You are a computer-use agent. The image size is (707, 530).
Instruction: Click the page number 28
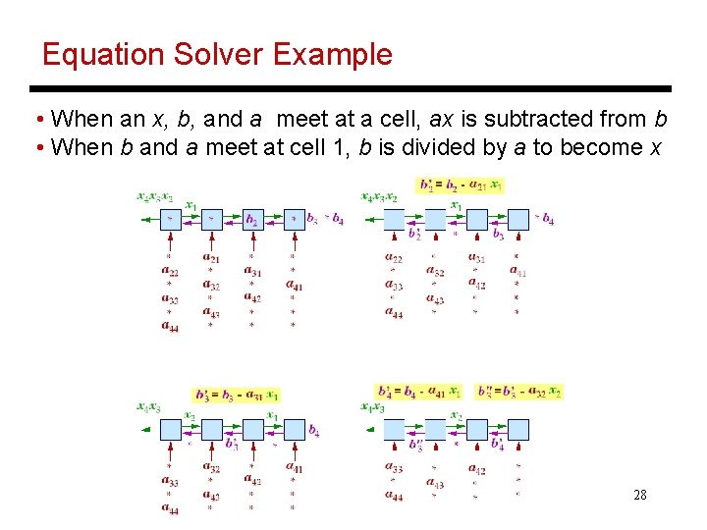pos(639,495)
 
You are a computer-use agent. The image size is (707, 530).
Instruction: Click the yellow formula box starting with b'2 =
pos(461,185)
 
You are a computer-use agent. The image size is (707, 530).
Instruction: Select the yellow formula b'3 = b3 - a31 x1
pos(237,395)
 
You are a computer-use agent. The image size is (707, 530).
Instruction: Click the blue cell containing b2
pos(252,219)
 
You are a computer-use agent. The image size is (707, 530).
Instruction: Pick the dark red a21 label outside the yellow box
pos(210,259)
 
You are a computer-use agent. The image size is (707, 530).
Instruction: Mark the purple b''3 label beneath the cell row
pos(416,445)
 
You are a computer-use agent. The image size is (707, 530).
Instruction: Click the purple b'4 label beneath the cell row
pos(498,445)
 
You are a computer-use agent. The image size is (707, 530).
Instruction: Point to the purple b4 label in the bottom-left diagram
pos(313,430)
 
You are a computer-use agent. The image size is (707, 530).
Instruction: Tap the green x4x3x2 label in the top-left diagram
pos(155,196)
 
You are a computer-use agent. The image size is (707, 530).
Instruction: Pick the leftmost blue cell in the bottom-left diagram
pos(170,429)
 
